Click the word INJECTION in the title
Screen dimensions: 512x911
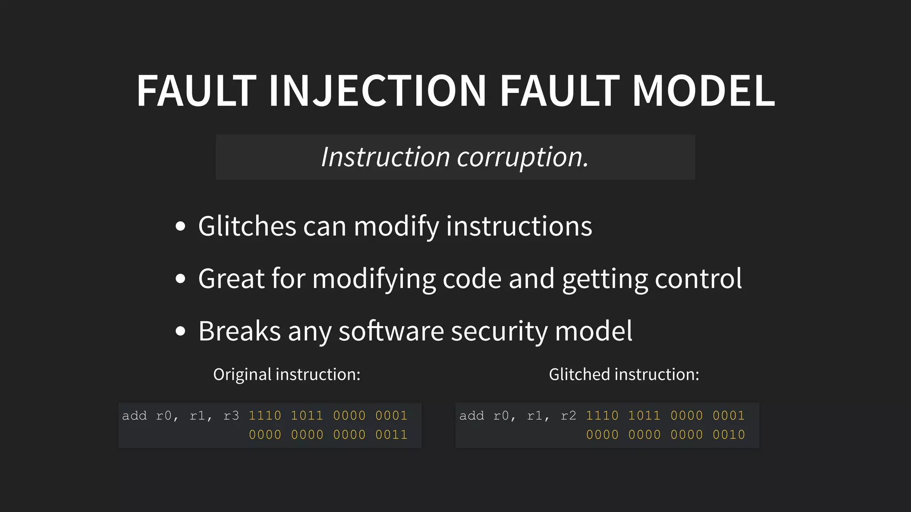pos(377,91)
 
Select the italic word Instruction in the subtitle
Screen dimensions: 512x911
pos(385,157)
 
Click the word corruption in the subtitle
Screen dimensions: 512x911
pos(523,157)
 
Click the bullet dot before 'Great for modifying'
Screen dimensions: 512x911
pos(180,279)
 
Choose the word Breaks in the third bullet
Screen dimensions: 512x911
pos(239,331)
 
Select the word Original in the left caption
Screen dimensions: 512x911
pos(242,374)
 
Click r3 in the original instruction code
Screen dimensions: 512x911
pos(231,416)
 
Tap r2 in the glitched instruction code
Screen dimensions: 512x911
pos(568,416)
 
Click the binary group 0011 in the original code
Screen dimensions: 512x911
pos(391,435)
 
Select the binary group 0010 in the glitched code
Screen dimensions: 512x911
pos(729,435)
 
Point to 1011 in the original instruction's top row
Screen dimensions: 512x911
pos(307,416)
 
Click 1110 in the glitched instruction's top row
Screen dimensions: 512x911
pos(602,416)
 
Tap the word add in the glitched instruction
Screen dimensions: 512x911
pos(472,416)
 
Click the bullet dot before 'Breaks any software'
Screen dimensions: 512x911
pos(180,331)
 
